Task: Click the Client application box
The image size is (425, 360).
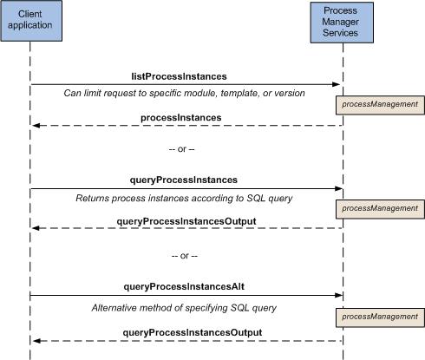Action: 31,21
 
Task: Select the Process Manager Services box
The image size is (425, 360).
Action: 342,23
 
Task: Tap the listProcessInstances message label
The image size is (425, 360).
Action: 179,76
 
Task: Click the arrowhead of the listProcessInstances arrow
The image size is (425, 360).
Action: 337,84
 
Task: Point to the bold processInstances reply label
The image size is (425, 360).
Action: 181,118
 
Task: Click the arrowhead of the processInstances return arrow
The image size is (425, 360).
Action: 36,126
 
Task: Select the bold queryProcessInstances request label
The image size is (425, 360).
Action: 184,180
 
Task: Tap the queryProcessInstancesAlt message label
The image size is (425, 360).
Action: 184,286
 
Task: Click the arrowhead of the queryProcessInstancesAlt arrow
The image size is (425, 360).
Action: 338,295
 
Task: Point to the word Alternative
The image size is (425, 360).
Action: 114,308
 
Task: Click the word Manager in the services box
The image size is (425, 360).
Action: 340,22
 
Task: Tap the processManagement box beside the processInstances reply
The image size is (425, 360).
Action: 380,105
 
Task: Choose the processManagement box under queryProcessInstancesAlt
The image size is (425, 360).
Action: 380,317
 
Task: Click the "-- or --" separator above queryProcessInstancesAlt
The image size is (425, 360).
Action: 185,256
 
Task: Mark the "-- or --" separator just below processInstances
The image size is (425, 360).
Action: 181,149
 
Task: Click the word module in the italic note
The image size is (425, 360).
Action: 199,93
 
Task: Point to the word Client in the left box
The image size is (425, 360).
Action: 30,14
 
